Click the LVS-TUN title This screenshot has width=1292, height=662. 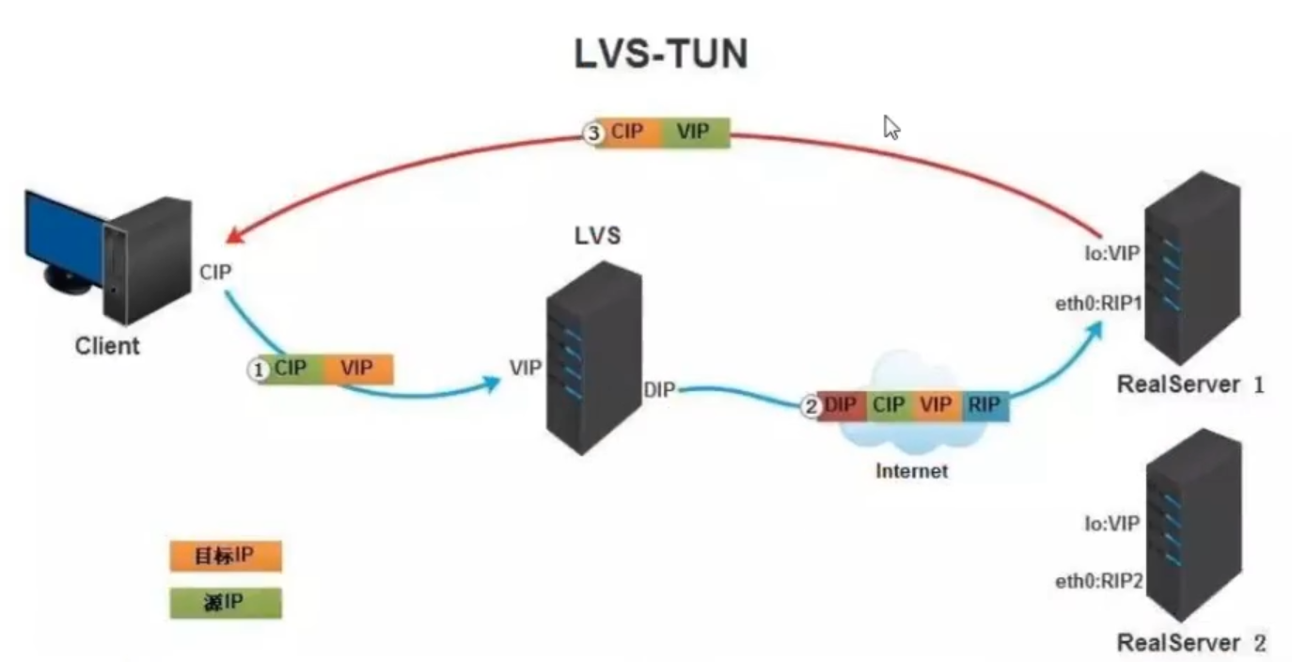point(661,55)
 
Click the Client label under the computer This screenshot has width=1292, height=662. point(107,346)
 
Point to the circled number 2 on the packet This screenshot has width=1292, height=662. point(811,406)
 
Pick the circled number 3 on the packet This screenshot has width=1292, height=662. point(593,133)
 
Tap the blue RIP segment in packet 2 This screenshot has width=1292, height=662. point(984,405)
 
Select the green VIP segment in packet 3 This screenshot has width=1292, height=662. point(694,133)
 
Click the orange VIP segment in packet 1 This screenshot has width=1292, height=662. point(358,369)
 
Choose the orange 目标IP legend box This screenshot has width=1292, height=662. point(225,555)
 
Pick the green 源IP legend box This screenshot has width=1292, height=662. point(225,603)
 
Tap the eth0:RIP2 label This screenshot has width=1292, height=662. point(1097,582)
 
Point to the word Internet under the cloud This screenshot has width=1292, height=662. point(911,470)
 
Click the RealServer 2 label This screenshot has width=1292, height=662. point(1190,643)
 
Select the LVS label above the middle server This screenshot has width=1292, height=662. point(597,236)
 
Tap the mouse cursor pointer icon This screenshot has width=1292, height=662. point(891,127)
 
